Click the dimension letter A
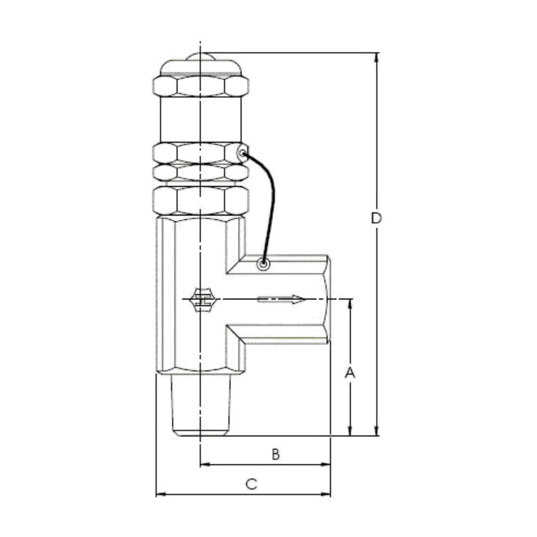point(349,373)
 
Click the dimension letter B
point(276,455)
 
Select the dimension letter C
point(252,484)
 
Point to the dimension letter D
point(376,218)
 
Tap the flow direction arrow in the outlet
point(281,299)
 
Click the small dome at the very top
point(200,57)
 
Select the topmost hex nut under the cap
point(201,86)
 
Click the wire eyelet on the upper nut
point(243,153)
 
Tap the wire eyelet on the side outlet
point(263,264)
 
